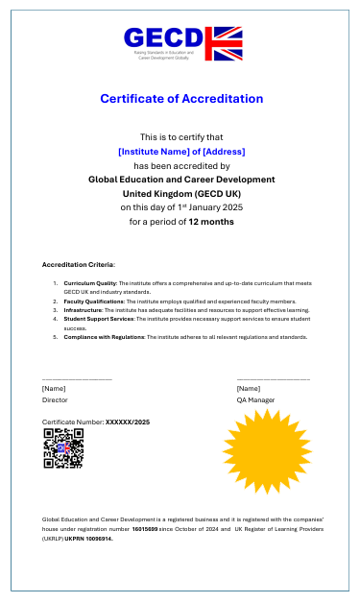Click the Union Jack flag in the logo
click(227, 44)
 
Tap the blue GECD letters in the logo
click(164, 38)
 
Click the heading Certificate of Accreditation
click(180, 99)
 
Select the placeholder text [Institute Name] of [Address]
click(180, 152)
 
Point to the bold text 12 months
click(210, 222)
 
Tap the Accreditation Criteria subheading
click(78, 264)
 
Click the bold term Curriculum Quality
click(90, 284)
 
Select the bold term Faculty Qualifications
click(95, 301)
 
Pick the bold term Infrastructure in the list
click(84, 310)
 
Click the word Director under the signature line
click(55, 399)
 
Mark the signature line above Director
click(77, 380)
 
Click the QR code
click(63, 448)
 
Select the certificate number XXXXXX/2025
click(127, 422)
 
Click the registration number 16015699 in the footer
click(145, 529)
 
